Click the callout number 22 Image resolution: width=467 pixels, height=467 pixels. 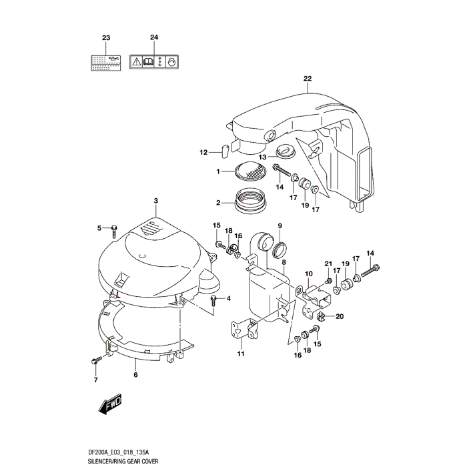307,79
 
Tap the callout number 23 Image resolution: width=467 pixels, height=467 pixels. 105,37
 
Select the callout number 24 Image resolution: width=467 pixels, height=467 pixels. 154,37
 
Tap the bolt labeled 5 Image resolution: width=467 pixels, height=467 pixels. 115,229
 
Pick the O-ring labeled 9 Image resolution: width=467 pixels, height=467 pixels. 281,251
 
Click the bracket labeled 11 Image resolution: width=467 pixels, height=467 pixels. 242,330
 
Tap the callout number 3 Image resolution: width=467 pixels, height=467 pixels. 155,201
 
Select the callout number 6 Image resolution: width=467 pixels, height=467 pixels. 136,375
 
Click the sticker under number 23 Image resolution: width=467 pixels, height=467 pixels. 105,62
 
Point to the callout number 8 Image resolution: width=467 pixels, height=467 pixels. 284,264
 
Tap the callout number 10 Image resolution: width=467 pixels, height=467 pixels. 308,274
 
